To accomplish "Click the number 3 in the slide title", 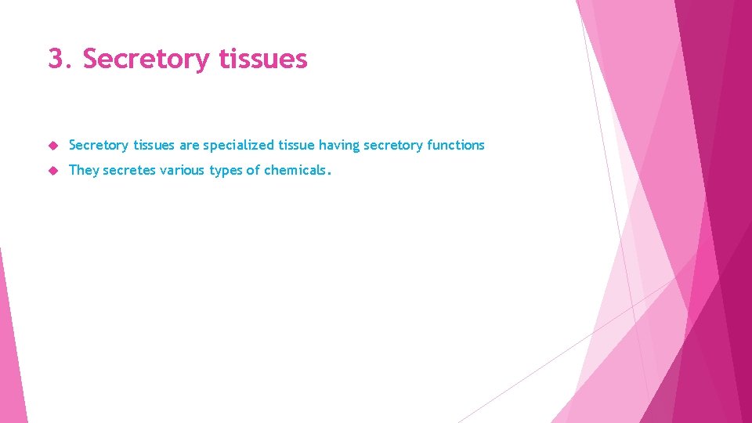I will click(56, 59).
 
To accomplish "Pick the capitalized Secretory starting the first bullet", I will click(99, 145).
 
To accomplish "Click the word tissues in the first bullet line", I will click(154, 145).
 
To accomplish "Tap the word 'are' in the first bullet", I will click(190, 145).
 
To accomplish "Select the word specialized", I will click(239, 145).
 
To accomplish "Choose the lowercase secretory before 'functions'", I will click(393, 145).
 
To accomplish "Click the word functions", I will click(456, 145).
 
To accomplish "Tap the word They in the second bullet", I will click(84, 170).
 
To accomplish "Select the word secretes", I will click(129, 170).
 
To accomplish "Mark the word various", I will click(183, 170).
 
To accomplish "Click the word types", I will click(227, 170).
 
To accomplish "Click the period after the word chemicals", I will click(330, 173).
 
